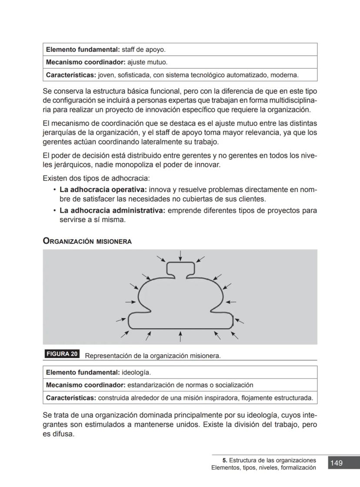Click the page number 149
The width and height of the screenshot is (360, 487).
[337, 463]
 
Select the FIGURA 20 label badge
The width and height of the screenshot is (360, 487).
[62, 354]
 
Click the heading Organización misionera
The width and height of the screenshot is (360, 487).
[87, 241]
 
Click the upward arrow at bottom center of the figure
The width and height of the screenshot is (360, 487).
[180, 336]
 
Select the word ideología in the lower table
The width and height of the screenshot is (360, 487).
[136, 373]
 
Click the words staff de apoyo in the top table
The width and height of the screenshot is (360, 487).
[143, 50]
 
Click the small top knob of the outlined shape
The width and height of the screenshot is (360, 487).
[180, 269]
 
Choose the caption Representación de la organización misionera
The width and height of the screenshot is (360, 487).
[153, 356]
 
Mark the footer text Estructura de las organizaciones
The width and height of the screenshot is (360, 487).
[272, 460]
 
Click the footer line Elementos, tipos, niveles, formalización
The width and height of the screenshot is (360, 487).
[263, 468]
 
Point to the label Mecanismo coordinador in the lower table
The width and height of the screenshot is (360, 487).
[85, 385]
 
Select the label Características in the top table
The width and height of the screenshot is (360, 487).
[71, 75]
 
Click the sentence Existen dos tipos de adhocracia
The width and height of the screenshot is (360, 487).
[96, 178]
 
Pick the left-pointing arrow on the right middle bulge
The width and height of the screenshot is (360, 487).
[231, 302]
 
